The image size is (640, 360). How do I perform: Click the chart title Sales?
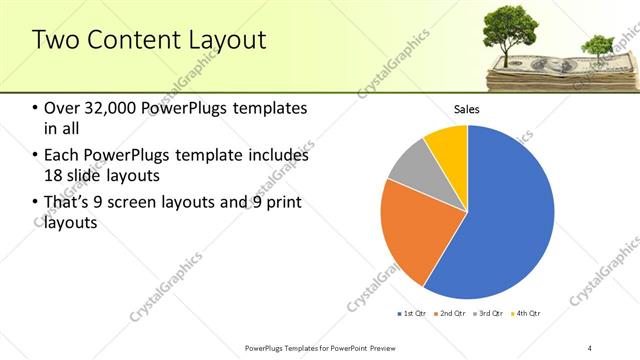467,108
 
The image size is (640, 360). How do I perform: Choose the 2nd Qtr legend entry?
451,314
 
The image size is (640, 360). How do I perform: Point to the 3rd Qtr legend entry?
490,314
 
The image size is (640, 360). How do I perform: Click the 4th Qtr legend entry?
527,314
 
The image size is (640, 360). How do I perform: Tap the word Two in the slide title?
57,41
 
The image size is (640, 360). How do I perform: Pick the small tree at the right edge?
598,45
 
